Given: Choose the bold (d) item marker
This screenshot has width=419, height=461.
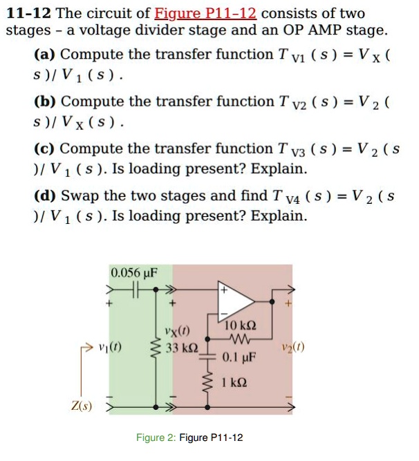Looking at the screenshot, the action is tap(46, 196).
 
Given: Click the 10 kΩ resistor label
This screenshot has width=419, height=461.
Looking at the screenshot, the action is tap(241, 326).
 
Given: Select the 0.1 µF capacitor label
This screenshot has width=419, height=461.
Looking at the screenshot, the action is tap(240, 359).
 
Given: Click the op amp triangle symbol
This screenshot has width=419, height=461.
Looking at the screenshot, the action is tap(236, 298).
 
